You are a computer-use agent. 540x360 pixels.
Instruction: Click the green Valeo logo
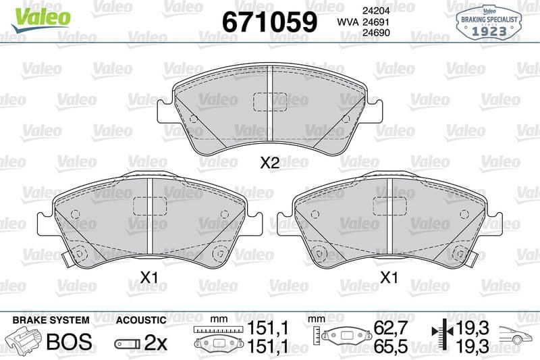click(x=40, y=20)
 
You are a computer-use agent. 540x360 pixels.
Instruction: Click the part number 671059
click(x=269, y=22)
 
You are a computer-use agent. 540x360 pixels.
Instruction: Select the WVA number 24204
click(x=376, y=11)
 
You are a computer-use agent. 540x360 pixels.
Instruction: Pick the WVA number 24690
click(x=376, y=32)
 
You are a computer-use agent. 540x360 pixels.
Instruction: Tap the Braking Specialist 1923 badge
click(x=489, y=23)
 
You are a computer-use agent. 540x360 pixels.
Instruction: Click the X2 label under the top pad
click(x=269, y=163)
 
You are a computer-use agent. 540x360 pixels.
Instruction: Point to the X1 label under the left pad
click(x=149, y=277)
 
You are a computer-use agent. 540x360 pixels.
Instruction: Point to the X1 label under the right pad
click(x=389, y=277)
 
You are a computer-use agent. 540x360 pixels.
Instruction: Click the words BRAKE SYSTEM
click(x=51, y=320)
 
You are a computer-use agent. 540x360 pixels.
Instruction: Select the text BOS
click(x=70, y=342)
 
